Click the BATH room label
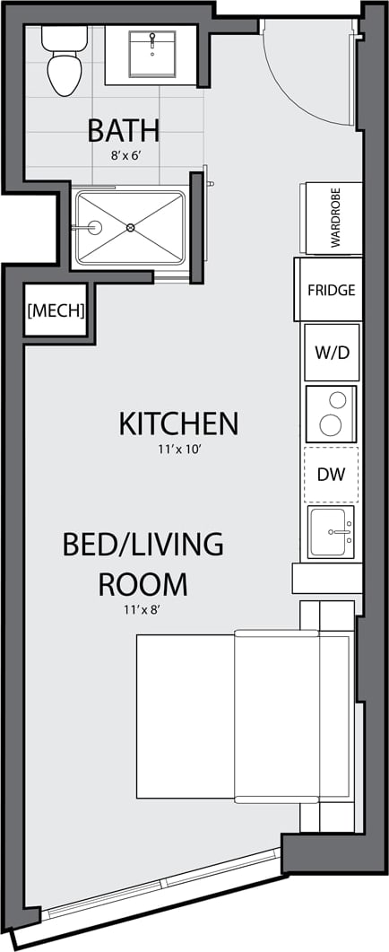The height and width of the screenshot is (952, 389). [x=124, y=130]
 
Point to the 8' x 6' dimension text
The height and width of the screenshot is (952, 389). [x=124, y=154]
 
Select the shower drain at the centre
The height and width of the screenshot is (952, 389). [x=131, y=228]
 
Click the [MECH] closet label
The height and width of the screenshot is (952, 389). [x=56, y=311]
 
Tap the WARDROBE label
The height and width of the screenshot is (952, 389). [x=335, y=219]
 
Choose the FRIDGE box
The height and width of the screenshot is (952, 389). [x=331, y=290]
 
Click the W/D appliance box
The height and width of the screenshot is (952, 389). [x=331, y=352]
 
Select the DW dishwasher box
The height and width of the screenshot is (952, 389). [x=331, y=473]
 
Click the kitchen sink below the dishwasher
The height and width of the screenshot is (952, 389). [x=332, y=531]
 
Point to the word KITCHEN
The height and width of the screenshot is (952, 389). [x=178, y=424]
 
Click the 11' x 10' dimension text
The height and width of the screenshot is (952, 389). [x=178, y=449]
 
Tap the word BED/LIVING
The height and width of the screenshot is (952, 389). [x=143, y=545]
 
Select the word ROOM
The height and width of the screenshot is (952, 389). [x=143, y=584]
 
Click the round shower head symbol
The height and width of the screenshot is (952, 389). [x=95, y=228]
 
